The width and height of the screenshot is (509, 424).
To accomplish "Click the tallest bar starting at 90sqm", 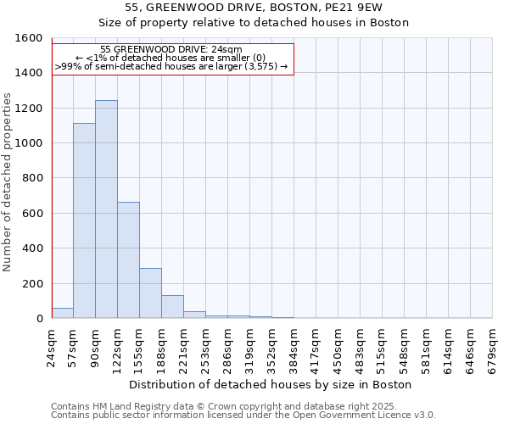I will (x=106, y=209).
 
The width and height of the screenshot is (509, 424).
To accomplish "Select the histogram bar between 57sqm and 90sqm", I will (x=84, y=220).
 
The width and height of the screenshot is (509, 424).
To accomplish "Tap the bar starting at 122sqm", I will (x=128, y=260).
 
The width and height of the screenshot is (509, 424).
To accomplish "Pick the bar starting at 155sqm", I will (x=150, y=293).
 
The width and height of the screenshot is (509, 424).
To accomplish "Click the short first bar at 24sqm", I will (x=62, y=313).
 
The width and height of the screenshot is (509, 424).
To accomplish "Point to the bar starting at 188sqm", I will (x=172, y=307).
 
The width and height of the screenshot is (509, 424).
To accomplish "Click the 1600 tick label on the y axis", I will (x=28, y=38).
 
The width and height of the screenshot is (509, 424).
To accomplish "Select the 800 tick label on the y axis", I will (x=32, y=179).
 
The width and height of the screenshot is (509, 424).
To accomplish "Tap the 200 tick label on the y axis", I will (x=32, y=284).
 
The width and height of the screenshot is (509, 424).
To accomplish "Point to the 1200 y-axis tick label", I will (x=28, y=109).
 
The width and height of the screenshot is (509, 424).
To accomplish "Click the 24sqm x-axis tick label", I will (x=52, y=345).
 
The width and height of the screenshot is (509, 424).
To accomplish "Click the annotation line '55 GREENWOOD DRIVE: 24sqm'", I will (x=171, y=49).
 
